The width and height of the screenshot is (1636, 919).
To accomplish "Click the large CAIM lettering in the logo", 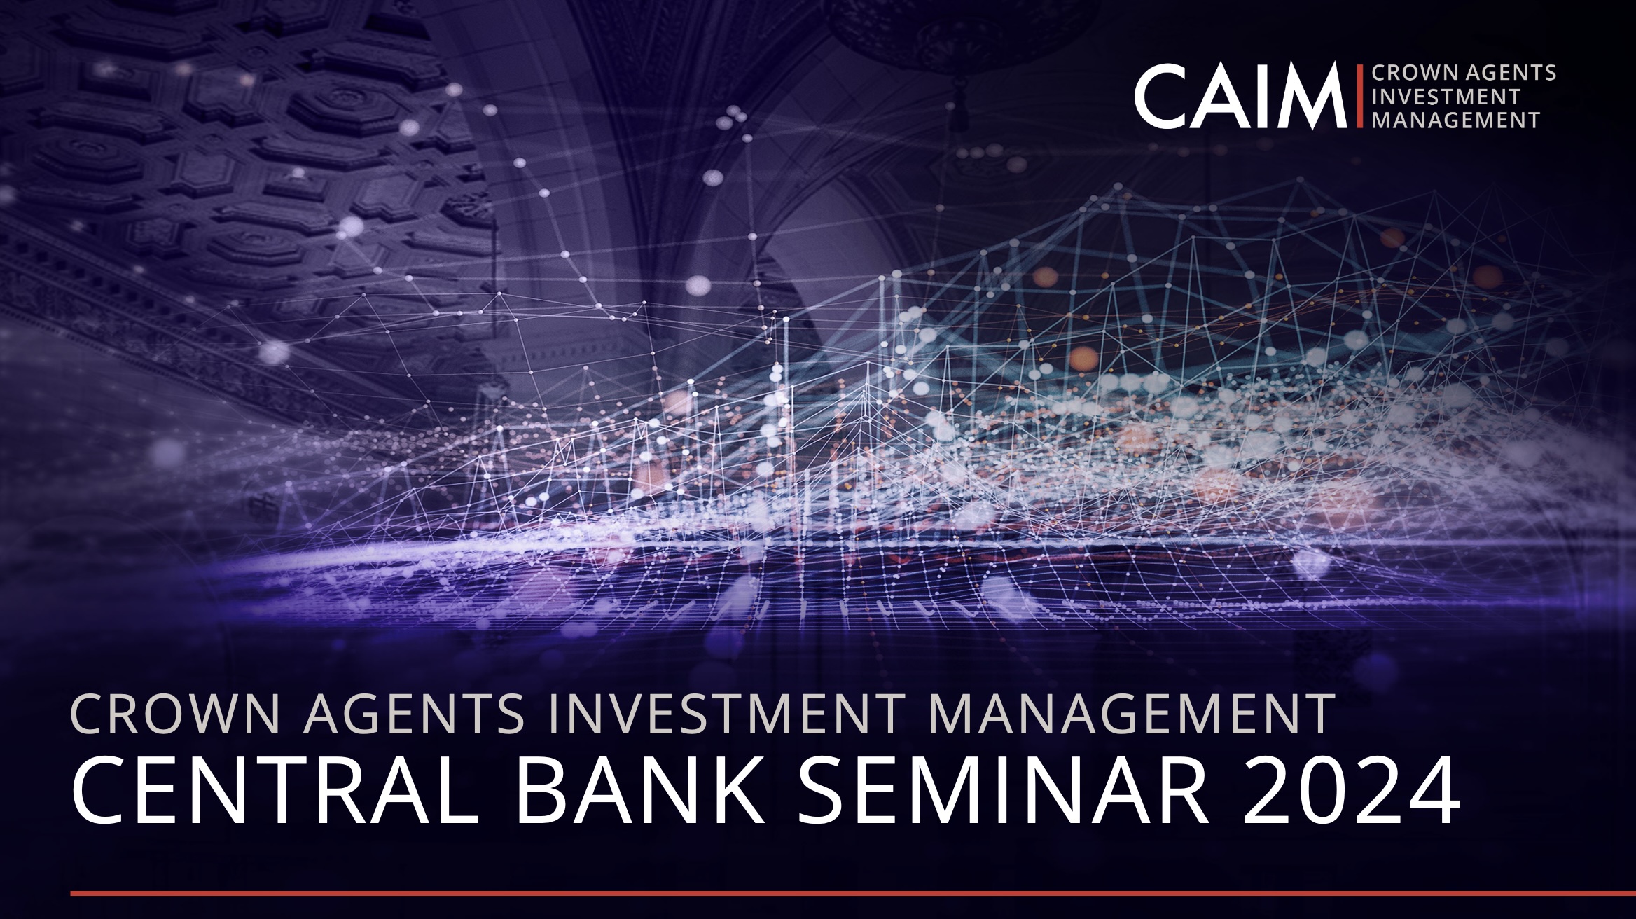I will click(x=1240, y=97).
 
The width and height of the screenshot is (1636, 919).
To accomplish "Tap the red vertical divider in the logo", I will click(x=1359, y=97).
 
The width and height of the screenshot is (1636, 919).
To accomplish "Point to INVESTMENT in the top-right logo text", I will click(x=1446, y=97).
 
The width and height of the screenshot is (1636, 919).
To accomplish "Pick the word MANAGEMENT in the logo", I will click(x=1455, y=120).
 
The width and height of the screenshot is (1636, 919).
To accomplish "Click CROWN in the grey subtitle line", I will click(x=176, y=714).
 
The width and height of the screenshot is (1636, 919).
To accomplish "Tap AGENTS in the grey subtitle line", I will click(x=413, y=714).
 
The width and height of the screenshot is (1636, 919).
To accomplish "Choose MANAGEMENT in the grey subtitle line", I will click(x=1131, y=714).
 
